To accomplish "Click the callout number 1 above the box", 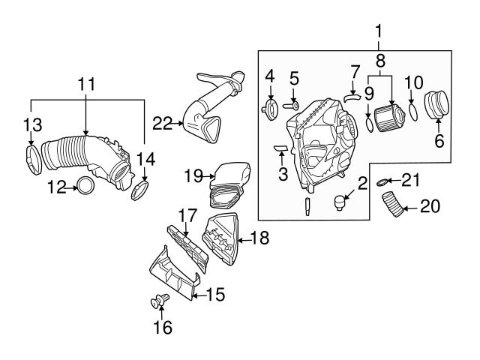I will click(x=379, y=32).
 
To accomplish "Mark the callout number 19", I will click(x=193, y=176).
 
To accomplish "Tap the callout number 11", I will click(x=87, y=83).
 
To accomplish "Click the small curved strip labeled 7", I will click(x=352, y=96).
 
